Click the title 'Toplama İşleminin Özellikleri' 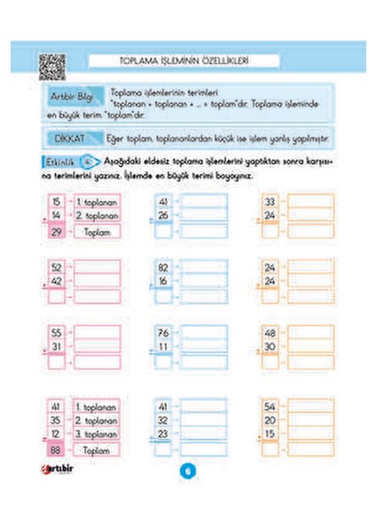(x=185, y=61)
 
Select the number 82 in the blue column (x=162, y=267)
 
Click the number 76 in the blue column (x=162, y=332)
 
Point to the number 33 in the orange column (x=270, y=201)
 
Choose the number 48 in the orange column (x=270, y=332)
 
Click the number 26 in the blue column (x=162, y=215)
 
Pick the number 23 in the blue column (x=162, y=434)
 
